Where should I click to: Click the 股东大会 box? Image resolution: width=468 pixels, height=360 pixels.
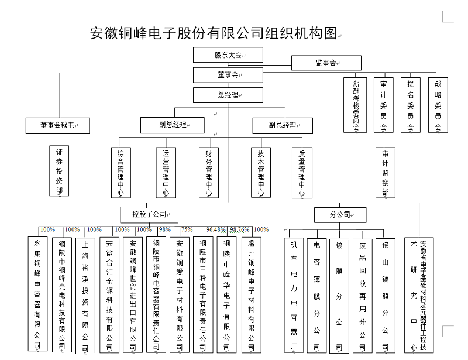coord(228,55)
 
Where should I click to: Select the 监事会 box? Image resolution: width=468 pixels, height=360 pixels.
coord(326,62)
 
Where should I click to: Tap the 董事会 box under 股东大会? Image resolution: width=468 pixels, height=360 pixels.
coord(228,75)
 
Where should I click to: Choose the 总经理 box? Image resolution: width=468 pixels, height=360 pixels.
coord(228,95)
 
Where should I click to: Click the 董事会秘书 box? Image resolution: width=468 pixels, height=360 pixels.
coord(57,125)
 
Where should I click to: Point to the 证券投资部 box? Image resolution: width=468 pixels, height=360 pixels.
coord(59,170)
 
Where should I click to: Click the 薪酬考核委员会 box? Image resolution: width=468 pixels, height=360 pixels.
coord(356,105)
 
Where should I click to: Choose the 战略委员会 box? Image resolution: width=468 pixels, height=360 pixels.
coord(438,105)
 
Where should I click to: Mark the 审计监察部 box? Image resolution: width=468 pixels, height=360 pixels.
coord(385,172)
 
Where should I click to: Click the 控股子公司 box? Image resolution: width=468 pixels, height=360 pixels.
coord(149,214)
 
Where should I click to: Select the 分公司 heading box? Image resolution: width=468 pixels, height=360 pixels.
coord(340,215)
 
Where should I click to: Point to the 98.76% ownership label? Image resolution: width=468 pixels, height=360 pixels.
coord(240,229)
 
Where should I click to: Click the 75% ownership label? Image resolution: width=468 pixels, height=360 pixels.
coord(187,229)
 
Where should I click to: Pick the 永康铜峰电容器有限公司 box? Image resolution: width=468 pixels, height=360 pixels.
coord(37,294)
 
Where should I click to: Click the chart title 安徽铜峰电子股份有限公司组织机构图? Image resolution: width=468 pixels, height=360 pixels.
coord(214,33)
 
